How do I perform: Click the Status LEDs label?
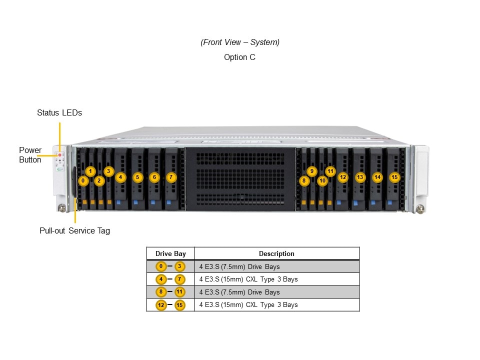(59, 112)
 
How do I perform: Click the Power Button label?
(30, 155)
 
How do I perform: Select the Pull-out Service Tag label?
(74, 230)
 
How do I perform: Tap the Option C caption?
(239, 57)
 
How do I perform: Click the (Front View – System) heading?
(240, 42)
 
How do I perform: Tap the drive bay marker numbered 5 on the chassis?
(137, 177)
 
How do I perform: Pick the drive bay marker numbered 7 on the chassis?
(171, 177)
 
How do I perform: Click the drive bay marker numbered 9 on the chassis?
(312, 171)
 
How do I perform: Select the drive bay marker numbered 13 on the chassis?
(360, 177)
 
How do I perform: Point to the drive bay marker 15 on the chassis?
(394, 177)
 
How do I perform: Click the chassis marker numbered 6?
(154, 177)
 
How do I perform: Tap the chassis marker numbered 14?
(377, 177)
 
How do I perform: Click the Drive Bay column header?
(170, 253)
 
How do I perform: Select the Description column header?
(276, 253)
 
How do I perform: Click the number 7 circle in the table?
(179, 279)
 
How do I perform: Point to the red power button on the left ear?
(60, 155)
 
